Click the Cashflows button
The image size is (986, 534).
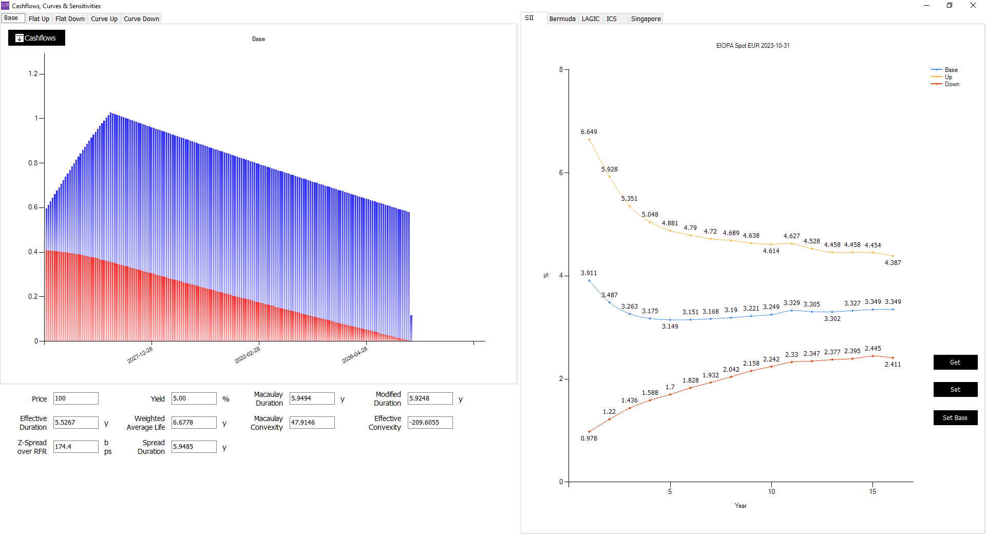[x=36, y=38]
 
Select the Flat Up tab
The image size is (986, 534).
[x=39, y=19]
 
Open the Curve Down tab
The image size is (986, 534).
[x=141, y=19]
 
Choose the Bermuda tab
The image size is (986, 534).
[x=562, y=19]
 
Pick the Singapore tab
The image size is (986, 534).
[x=646, y=19]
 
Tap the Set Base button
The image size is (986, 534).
[x=955, y=418]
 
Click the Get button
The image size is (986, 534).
[x=955, y=363]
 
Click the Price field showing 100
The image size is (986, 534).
[x=75, y=398]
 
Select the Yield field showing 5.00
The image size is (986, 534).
[x=194, y=398]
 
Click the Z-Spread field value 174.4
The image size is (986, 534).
[x=75, y=447]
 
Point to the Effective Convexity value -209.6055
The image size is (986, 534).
[x=430, y=423]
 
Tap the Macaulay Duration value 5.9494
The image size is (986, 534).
[x=312, y=398]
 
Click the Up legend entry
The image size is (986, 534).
[x=948, y=77]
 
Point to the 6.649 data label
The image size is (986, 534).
[x=589, y=132]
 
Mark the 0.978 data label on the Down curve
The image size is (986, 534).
[x=589, y=438]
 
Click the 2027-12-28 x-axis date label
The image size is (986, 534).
[x=140, y=355]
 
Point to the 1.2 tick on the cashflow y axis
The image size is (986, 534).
[x=33, y=74]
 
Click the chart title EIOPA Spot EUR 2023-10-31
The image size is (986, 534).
[x=753, y=46]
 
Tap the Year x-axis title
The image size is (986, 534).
[x=741, y=506]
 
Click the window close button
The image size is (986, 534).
[x=973, y=6]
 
